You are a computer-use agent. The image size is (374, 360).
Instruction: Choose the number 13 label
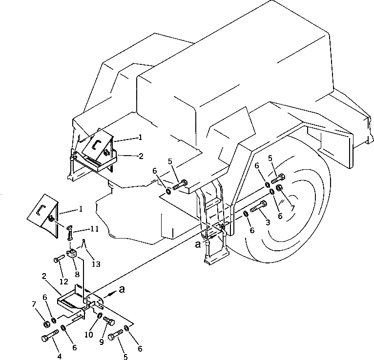click(96, 264)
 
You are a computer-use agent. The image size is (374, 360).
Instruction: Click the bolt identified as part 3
click(258, 207)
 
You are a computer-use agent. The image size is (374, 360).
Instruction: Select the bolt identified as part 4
click(50, 337)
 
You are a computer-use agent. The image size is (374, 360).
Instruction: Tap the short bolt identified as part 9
click(109, 322)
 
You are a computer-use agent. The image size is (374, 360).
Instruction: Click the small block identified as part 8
click(73, 253)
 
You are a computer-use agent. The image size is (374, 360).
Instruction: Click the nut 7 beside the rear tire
click(280, 189)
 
